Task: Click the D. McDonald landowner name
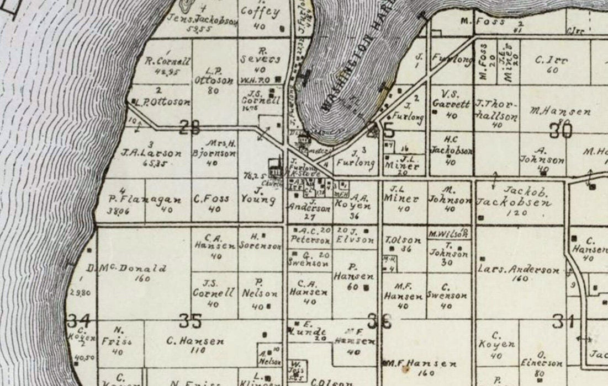click(127, 269)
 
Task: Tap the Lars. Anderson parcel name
click(519, 270)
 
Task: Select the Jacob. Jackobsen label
click(514, 197)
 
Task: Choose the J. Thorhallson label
click(496, 109)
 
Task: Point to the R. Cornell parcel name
click(167, 61)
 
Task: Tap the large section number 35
click(190, 320)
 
